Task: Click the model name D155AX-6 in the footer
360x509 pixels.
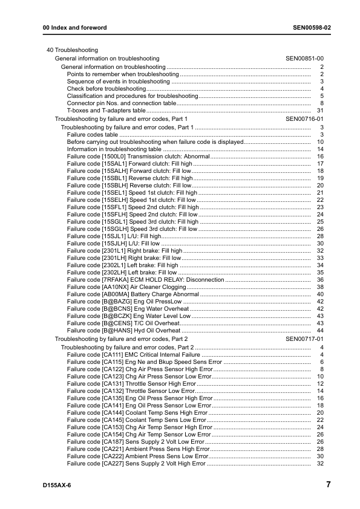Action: click(x=57, y=485)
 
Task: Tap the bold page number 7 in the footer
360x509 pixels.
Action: click(x=327, y=485)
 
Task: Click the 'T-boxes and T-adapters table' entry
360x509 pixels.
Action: click(x=106, y=111)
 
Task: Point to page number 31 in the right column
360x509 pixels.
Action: click(x=321, y=111)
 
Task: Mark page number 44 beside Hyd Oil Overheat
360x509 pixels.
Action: click(x=321, y=331)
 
